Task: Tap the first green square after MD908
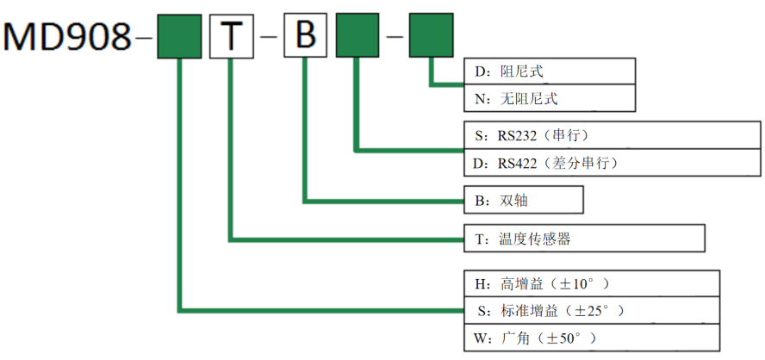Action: pyautogui.click(x=179, y=37)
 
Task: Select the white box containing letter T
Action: pyautogui.click(x=231, y=37)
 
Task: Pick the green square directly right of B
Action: pyautogui.click(x=357, y=37)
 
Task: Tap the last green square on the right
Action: pyautogui.click(x=431, y=37)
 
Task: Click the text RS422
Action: pyautogui.click(x=519, y=163)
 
